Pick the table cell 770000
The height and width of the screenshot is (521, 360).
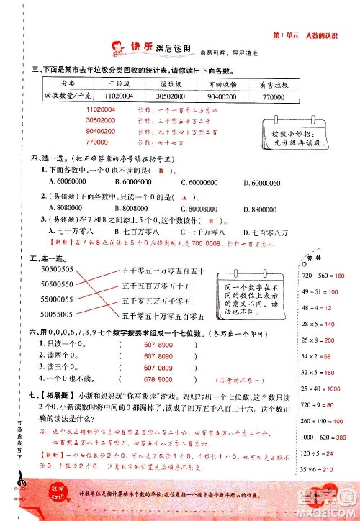point(273,95)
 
